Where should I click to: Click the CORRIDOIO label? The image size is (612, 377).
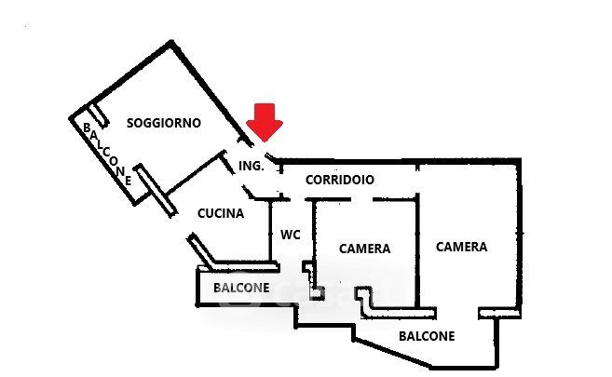(340, 180)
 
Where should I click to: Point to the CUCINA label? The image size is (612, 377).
(221, 213)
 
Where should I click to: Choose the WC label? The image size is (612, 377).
(291, 235)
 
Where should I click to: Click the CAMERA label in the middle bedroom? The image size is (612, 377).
(364, 249)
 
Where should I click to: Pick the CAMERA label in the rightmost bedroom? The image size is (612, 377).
(462, 247)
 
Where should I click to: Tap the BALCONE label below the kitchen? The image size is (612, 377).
(242, 288)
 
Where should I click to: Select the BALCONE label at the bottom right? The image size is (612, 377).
(427, 336)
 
